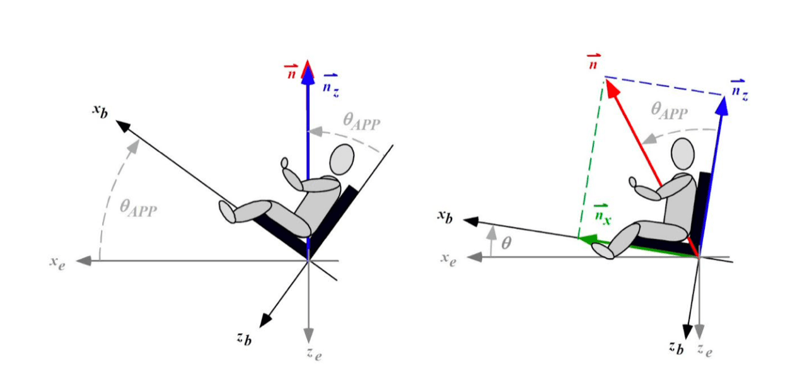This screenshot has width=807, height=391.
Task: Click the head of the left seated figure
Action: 342,160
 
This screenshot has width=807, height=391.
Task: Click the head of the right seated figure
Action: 683,153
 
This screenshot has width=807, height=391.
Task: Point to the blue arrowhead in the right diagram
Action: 722,106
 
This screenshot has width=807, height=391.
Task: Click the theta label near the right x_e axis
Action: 506,243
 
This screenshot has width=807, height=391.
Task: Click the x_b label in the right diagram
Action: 445,216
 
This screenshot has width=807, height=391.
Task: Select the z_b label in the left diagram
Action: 244,338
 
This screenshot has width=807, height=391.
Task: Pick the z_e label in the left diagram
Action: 315,354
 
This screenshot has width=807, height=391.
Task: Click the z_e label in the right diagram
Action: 705,349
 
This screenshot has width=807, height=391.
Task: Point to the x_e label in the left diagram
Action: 57,262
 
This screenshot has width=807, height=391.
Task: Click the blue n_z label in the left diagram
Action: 331,86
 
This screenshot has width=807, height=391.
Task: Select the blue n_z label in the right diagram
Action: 740,90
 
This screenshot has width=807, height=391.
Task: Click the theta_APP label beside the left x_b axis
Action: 138,208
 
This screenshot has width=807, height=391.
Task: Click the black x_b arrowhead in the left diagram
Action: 123,126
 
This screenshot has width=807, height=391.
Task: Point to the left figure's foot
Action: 227,212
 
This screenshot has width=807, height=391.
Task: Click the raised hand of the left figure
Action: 284,163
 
